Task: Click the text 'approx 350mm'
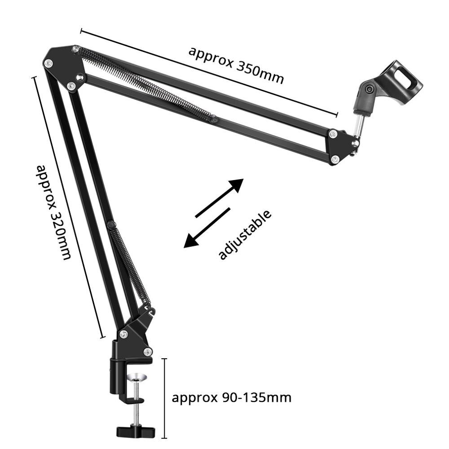(236, 65)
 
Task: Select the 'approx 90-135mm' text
(232, 397)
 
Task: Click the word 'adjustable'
(245, 234)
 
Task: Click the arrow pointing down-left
(207, 227)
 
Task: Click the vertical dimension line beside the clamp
(165, 398)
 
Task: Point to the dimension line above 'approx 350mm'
(209, 72)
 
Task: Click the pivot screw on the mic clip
(370, 89)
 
